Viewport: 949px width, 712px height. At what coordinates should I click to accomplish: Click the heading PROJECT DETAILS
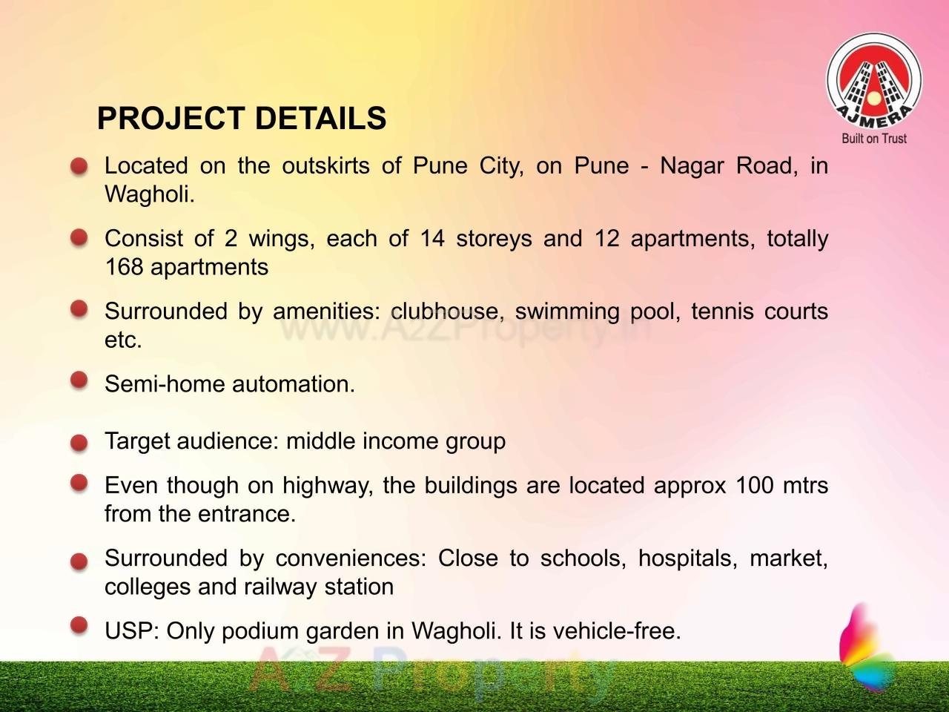242,119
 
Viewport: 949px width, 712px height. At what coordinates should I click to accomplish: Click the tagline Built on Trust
874,138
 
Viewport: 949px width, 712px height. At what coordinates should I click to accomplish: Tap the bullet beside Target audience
79,444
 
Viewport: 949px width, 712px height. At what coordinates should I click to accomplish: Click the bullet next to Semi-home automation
79,380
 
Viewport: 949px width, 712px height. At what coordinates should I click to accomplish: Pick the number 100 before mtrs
754,485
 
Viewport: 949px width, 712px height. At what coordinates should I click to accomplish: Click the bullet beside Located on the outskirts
79,166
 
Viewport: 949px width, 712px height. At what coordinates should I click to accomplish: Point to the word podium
260,631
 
